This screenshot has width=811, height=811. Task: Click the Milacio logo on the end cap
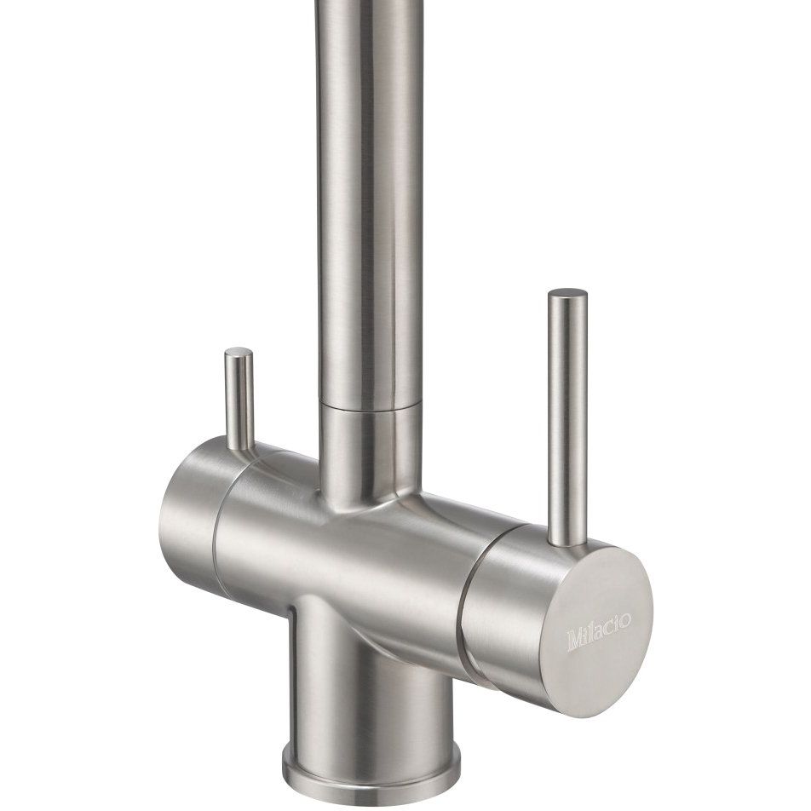pyautogui.click(x=599, y=631)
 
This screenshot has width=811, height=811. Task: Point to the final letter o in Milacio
pyautogui.click(x=625, y=619)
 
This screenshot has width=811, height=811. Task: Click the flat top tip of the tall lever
pyautogui.click(x=568, y=293)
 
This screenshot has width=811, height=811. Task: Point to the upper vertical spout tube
pyautogui.click(x=370, y=202)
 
